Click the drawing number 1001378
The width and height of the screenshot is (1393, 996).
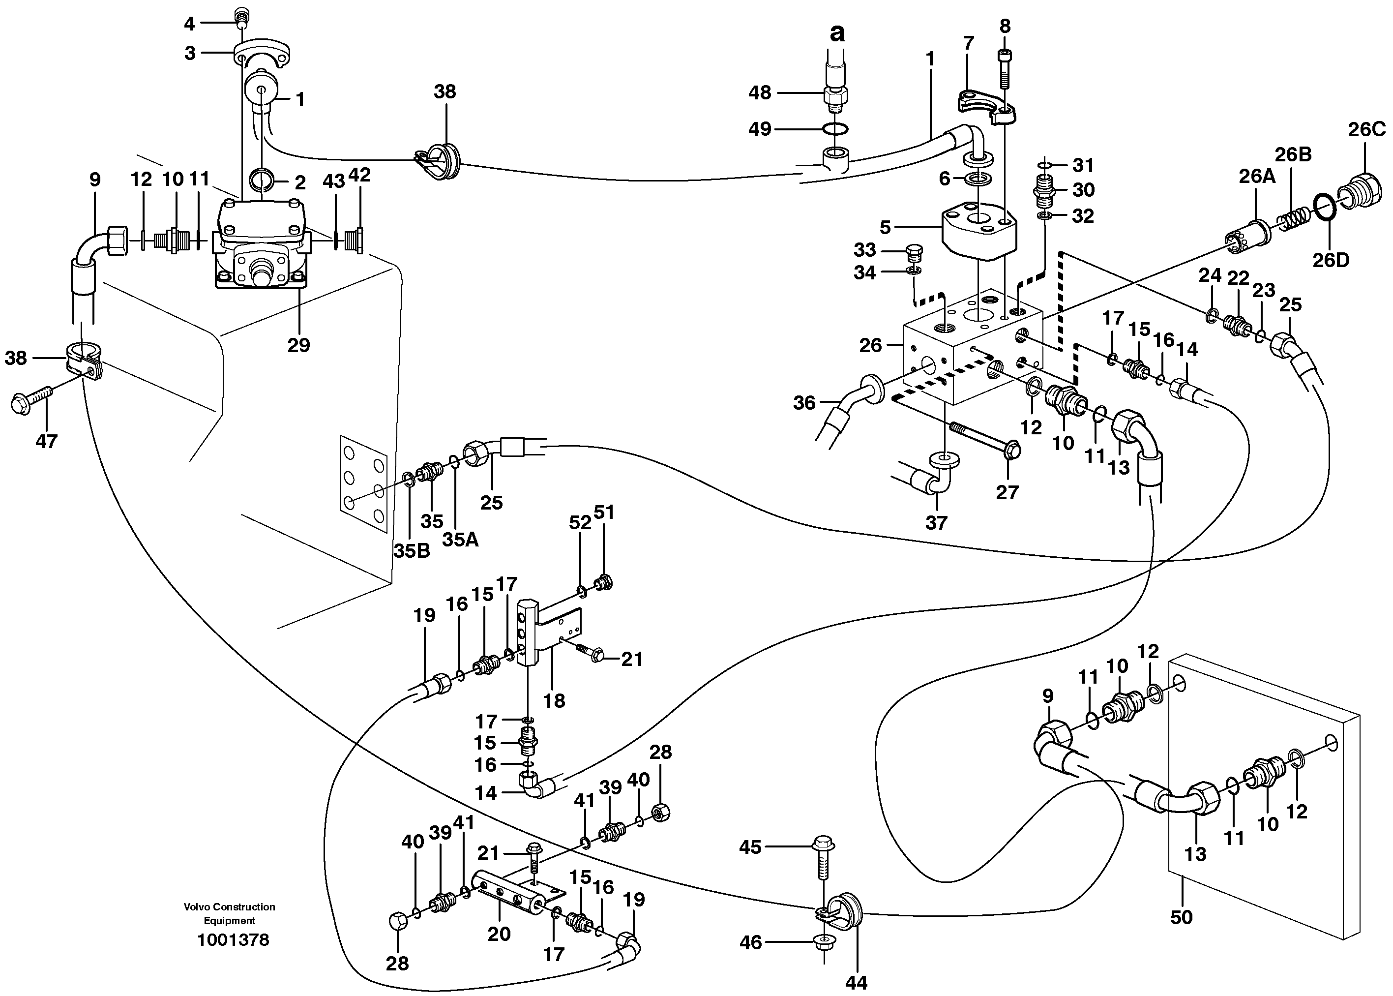(233, 939)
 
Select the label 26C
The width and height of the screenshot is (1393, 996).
(1366, 129)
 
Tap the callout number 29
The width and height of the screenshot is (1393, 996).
(298, 345)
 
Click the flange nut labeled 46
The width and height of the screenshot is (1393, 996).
(823, 941)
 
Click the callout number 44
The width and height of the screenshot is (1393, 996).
(856, 982)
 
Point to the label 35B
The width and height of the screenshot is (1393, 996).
(412, 551)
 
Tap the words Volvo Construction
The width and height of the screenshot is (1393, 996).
(229, 906)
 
